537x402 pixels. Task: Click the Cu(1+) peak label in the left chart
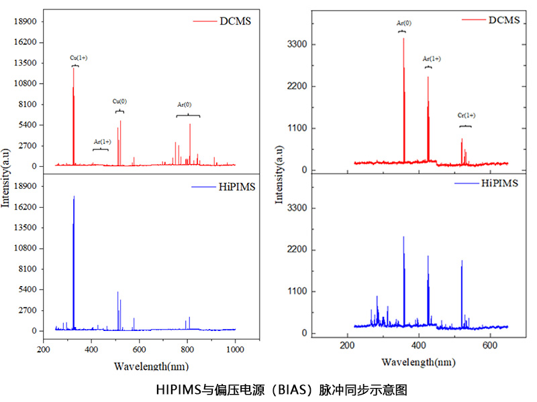pyautogui.click(x=79, y=58)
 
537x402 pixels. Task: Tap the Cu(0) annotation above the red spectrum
pyautogui.click(x=119, y=101)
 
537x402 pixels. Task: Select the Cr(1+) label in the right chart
pyautogui.click(x=466, y=116)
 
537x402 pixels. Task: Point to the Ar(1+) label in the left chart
pyautogui.click(x=102, y=141)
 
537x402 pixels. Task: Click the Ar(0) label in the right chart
pyautogui.click(x=403, y=23)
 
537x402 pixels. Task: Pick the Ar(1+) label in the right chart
pyautogui.click(x=432, y=59)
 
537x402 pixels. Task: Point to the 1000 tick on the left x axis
pyautogui.click(x=235, y=350)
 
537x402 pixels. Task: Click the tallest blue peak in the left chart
pyautogui.click(x=74, y=197)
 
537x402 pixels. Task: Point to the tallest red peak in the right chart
pyautogui.click(x=403, y=39)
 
